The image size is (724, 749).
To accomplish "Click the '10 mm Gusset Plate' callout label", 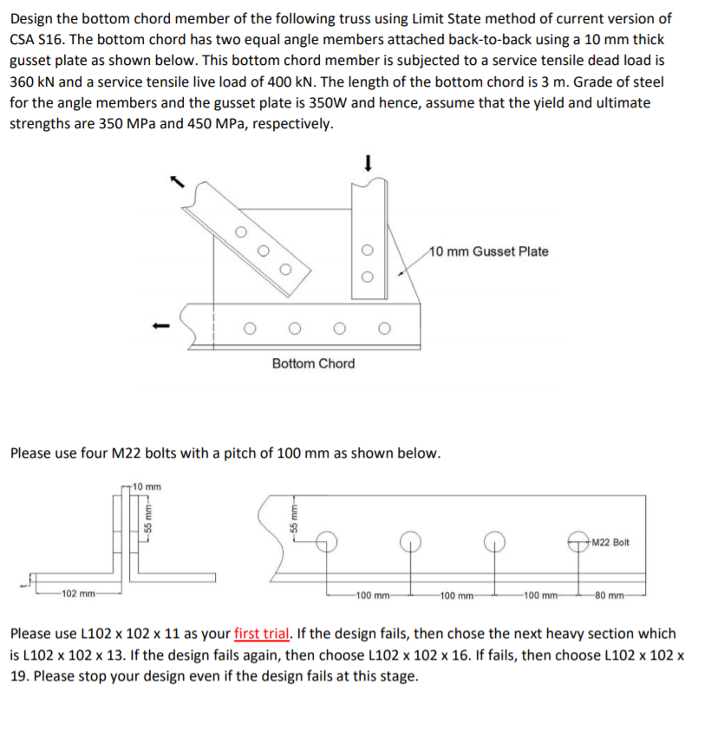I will click(x=489, y=251).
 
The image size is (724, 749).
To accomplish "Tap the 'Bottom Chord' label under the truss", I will click(x=313, y=363).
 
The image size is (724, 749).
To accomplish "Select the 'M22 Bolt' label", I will click(x=610, y=543).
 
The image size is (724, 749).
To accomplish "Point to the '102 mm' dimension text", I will click(x=78, y=595).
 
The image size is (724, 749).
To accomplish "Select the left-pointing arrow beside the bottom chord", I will click(x=157, y=327).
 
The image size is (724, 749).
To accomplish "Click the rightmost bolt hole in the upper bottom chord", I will click(x=384, y=329).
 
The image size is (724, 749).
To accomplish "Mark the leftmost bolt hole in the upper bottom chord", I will click(x=250, y=329).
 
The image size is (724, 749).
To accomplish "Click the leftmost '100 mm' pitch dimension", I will click(x=375, y=595).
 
